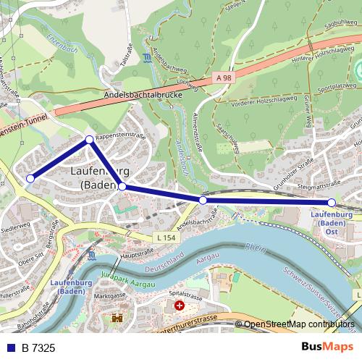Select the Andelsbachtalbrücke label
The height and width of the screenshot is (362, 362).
(x=138, y=94)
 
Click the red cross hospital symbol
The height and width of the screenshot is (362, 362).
(x=179, y=306)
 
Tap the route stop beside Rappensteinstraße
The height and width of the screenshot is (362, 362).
(x=90, y=139)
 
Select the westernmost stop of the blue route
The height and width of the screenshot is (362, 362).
(x=30, y=178)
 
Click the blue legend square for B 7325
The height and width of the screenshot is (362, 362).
(x=11, y=348)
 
